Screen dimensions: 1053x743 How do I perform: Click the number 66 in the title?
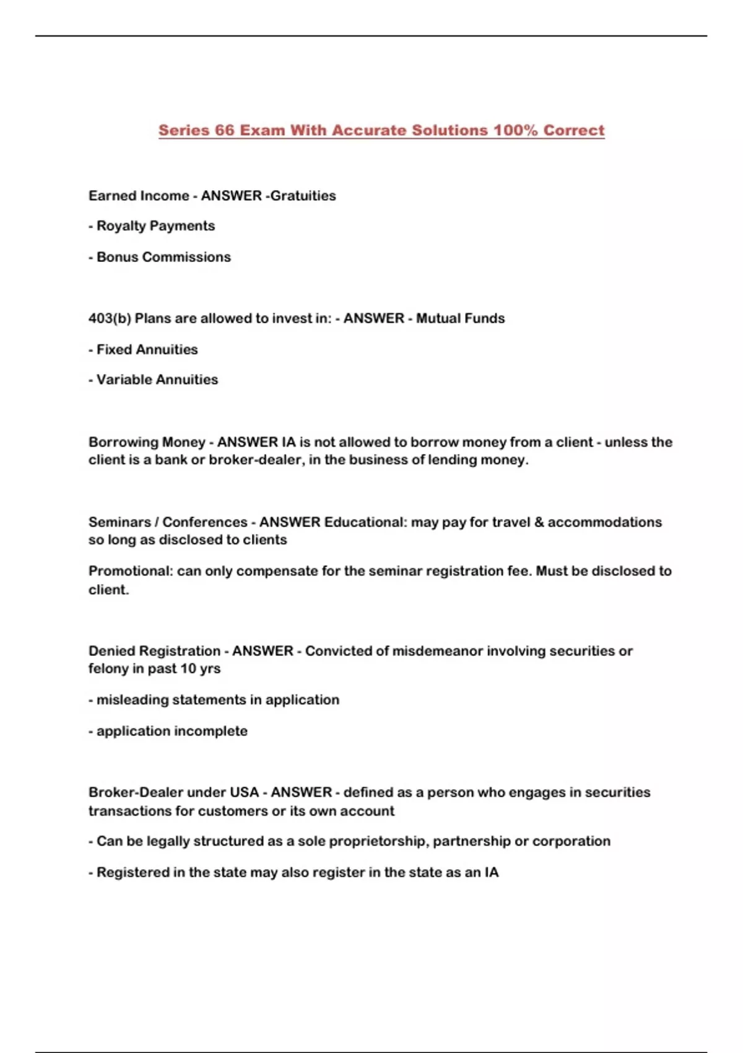pos(224,131)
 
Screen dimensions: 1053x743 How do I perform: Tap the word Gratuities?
pos(303,196)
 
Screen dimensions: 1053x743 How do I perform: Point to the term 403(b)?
pos(110,318)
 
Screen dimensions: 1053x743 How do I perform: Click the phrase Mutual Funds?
pos(460,318)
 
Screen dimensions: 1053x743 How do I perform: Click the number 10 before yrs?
pos(188,669)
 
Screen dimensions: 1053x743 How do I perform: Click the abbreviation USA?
pos(244,792)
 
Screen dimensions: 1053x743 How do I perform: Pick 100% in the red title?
pos(515,131)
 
